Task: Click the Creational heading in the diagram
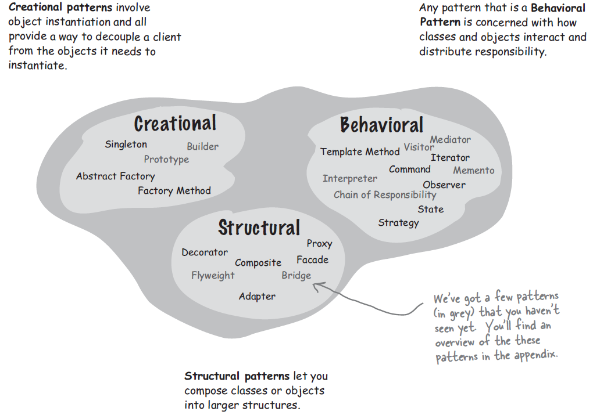coord(175,124)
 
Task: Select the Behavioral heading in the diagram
coord(381,125)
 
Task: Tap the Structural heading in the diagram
coord(259,228)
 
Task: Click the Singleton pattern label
coord(126,145)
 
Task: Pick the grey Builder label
coord(202,147)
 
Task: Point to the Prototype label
coord(166,160)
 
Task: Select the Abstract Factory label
coord(115,176)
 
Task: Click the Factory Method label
coord(174,190)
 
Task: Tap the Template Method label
coord(360,152)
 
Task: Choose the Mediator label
coord(450,140)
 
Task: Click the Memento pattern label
coord(474,171)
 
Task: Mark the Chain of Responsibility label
coord(385,195)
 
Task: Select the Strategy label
coord(398,223)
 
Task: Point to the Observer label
coord(444,185)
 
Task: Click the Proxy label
coord(319,244)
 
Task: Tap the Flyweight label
coord(213,276)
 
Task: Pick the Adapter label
coord(257,297)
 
